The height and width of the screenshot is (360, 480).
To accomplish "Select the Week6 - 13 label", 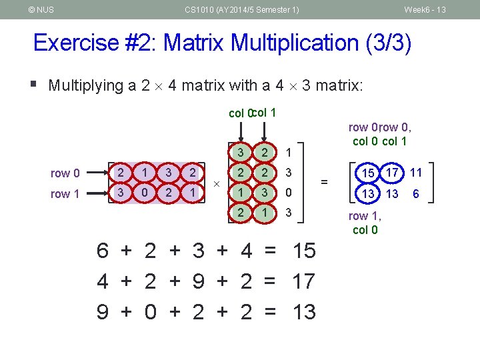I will [x=425, y=9].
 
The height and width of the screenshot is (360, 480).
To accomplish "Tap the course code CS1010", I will [x=200, y=9].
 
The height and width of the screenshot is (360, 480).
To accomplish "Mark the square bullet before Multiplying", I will [x=35, y=84].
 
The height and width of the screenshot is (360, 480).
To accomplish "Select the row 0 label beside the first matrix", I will [x=65, y=173].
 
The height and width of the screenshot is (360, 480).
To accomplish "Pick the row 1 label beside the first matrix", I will [x=65, y=194].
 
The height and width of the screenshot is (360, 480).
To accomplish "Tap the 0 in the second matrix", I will [x=288, y=193].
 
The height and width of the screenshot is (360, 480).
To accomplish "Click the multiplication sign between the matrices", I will [x=217, y=182].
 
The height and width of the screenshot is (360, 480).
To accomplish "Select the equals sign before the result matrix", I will [x=324, y=181].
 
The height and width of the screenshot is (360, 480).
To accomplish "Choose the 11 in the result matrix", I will [x=416, y=173].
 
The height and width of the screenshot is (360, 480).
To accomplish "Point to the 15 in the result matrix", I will [x=368, y=174].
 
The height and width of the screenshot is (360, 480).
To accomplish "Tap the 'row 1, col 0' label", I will [x=365, y=223].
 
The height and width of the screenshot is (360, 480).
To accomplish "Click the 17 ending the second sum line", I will [x=304, y=281].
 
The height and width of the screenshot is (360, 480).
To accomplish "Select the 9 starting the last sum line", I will [x=103, y=311].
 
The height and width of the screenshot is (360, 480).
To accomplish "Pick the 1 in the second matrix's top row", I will [x=288, y=153].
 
